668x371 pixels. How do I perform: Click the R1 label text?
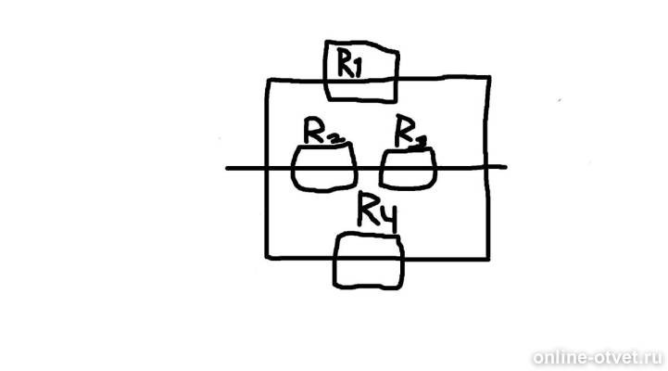[349, 63]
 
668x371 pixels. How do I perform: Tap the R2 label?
[323, 131]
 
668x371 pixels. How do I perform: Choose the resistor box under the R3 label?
[408, 187]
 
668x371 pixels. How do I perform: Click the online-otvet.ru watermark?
[599, 356]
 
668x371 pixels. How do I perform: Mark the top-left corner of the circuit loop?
[269, 80]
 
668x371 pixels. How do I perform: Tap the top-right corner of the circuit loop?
[489, 78]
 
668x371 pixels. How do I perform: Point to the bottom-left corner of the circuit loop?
[267, 258]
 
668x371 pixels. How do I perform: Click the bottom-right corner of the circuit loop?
[488, 258]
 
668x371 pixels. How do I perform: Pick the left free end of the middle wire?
[227, 169]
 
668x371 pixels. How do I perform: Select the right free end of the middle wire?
[506, 167]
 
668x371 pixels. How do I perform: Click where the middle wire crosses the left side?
[267, 169]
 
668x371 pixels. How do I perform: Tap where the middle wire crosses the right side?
[487, 167]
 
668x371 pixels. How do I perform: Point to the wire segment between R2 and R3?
[369, 169]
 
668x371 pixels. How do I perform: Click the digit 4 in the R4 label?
[388, 218]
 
